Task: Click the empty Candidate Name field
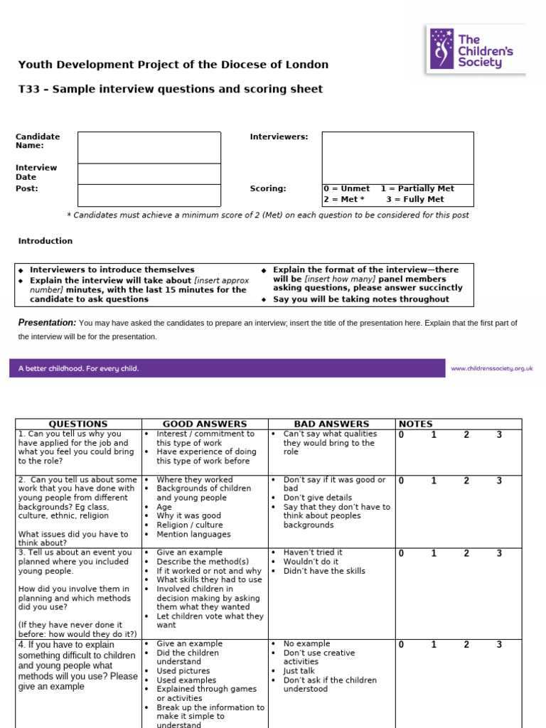[x=149, y=147]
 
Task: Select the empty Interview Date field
[x=149, y=173]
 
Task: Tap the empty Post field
[x=149, y=195]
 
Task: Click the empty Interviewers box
[x=397, y=157]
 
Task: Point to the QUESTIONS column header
[x=78, y=424]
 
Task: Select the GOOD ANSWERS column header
[x=205, y=424]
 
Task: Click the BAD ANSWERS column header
[x=331, y=424]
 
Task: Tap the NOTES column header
[x=416, y=424]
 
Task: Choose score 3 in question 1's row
[x=499, y=435]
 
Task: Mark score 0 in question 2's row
[x=401, y=481]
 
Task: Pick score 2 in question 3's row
[x=466, y=553]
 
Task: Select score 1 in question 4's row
[x=434, y=645]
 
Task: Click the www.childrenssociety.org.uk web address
[x=491, y=368]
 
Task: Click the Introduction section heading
[x=45, y=241]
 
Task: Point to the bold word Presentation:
[x=47, y=323]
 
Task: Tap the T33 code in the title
[x=28, y=89]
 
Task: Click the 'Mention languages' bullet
[x=193, y=534]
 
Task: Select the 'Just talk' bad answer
[x=299, y=670]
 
